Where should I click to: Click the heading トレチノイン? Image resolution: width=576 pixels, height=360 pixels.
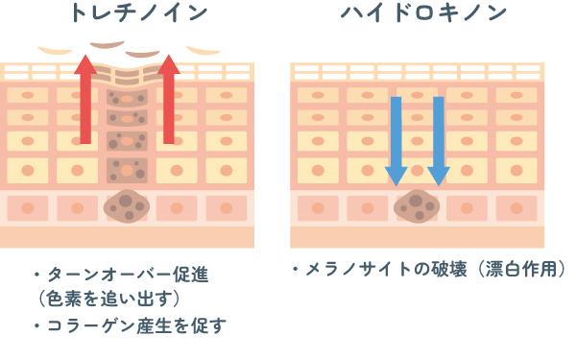[139, 12]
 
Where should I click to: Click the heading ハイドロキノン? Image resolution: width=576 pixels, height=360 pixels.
[423, 12]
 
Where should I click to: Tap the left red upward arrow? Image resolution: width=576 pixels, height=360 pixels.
[85, 99]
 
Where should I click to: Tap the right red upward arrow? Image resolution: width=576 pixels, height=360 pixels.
[169, 99]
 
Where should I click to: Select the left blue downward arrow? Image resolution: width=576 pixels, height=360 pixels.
[396, 141]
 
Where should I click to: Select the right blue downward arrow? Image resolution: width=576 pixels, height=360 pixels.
[439, 141]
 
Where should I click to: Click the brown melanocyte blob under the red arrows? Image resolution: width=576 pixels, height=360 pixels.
[127, 206]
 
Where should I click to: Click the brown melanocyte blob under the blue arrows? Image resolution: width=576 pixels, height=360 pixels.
[417, 206]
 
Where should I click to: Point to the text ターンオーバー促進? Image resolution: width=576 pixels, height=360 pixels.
[129, 275]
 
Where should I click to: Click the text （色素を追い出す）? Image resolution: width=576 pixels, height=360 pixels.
[108, 299]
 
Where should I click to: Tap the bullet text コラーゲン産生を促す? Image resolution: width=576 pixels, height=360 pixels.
[136, 325]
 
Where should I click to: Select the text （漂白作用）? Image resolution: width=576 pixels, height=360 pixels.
[523, 269]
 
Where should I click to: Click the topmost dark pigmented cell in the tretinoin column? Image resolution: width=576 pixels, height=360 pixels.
[127, 98]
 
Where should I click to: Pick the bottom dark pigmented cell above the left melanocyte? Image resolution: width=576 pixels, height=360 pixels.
[127, 171]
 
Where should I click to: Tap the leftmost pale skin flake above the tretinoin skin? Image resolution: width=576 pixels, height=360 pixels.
[55, 50]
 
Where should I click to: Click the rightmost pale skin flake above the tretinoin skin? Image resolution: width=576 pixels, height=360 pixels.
[204, 50]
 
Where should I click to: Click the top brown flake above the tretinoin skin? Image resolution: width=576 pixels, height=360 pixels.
[108, 45]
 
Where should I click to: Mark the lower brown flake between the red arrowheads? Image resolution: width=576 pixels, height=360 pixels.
[142, 54]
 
